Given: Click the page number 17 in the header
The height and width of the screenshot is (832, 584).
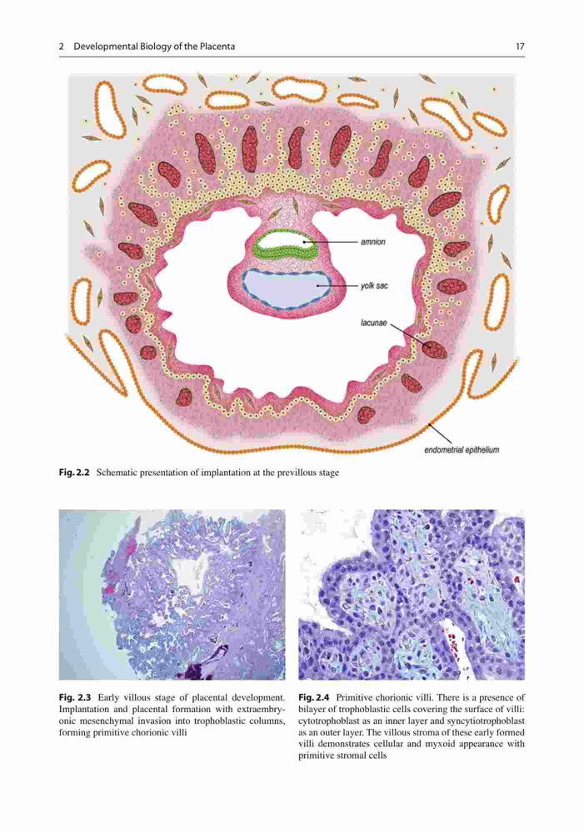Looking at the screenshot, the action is click(520, 47).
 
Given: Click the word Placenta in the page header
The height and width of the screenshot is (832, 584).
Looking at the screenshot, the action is click(217, 47).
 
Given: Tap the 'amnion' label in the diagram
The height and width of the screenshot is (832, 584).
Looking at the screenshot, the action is click(373, 242).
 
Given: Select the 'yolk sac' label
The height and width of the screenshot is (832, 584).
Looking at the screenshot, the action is click(374, 285).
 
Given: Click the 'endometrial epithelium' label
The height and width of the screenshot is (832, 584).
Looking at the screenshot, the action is click(462, 450).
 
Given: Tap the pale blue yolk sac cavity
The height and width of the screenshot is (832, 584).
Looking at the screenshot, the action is click(286, 289).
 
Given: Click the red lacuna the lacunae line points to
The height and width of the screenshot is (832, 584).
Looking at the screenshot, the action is click(435, 349).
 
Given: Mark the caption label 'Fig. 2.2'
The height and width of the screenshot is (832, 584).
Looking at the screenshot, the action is click(74, 473).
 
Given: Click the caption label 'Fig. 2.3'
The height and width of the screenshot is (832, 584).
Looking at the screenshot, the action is click(75, 697).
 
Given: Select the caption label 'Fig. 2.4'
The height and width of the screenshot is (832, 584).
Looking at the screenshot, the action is click(315, 697).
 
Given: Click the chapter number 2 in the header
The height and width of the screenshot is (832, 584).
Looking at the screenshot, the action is click(62, 47).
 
